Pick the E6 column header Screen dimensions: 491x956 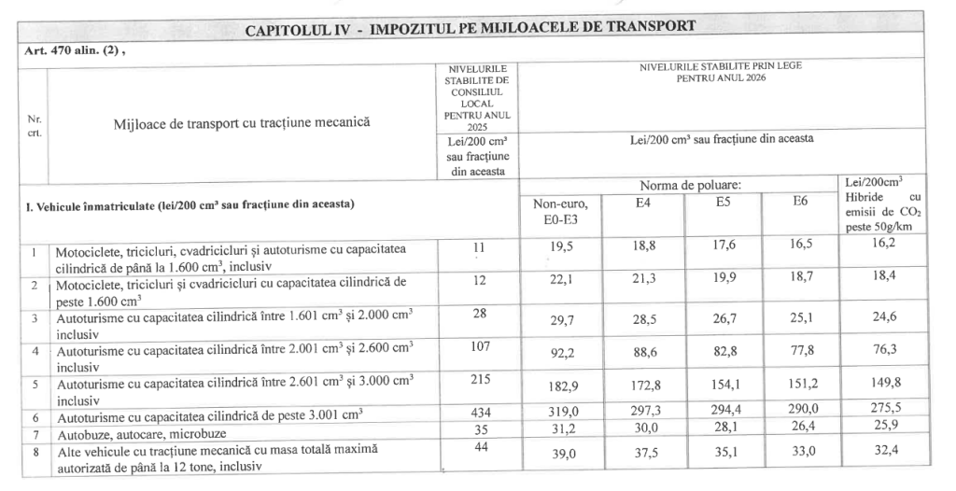point(800,201)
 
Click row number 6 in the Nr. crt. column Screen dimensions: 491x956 point(34,414)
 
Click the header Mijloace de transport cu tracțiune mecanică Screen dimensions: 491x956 point(242,122)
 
